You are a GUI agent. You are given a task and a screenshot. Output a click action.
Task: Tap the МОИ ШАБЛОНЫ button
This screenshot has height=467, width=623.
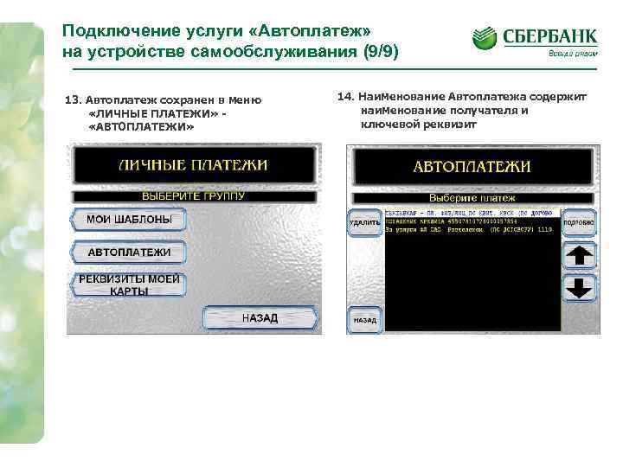pos(128,220)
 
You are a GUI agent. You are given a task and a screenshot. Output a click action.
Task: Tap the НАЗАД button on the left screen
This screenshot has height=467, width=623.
pos(260,317)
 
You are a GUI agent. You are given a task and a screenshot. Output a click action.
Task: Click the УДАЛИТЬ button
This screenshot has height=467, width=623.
pos(364,222)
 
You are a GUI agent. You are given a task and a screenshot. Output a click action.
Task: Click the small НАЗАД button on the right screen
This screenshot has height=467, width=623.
pos(364,319)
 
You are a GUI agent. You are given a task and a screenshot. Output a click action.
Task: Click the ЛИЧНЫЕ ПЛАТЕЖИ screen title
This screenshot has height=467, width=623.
pos(192,164)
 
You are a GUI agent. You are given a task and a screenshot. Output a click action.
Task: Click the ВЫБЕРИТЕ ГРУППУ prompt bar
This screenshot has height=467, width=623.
pos(193,196)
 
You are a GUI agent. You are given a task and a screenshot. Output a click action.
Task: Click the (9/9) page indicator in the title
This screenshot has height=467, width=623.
pos(378,51)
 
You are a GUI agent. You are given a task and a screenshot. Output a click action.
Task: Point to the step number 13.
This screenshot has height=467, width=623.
pos(73,100)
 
